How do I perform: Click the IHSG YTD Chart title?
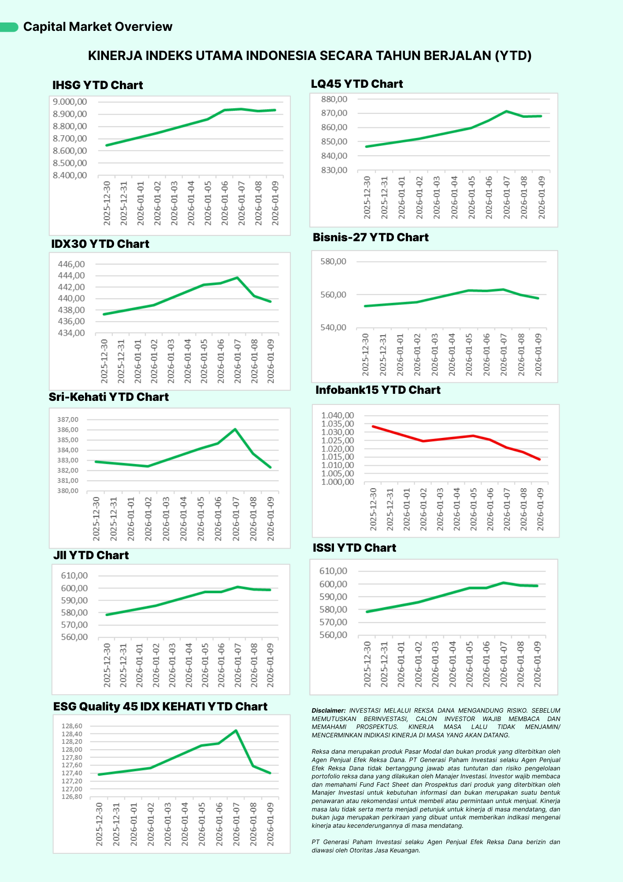[x=97, y=85]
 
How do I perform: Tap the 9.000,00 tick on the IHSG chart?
[x=70, y=102]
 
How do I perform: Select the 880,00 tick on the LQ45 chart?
[x=334, y=99]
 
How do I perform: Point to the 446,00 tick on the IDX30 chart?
[x=71, y=264]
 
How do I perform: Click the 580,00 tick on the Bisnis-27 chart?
[x=333, y=262]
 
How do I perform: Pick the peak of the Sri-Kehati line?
[x=235, y=429]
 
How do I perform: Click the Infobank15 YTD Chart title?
[x=378, y=390]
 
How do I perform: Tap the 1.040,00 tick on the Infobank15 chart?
[x=337, y=415]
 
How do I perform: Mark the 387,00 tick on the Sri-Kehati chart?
[x=68, y=419]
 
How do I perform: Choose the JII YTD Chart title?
[x=91, y=555]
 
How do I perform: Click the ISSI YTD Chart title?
[x=354, y=548]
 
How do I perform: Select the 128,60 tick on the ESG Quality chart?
[x=72, y=726]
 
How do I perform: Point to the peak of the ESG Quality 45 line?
[x=236, y=730]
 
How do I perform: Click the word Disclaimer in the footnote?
[x=328, y=710]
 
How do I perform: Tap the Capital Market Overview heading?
[x=97, y=27]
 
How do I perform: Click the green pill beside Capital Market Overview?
[x=9, y=27]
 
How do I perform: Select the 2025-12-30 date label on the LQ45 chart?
[x=367, y=198]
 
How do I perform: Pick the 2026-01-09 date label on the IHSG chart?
[x=275, y=203]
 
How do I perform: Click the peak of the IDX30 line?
[x=237, y=277]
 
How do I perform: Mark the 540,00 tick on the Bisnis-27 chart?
[x=333, y=328]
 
